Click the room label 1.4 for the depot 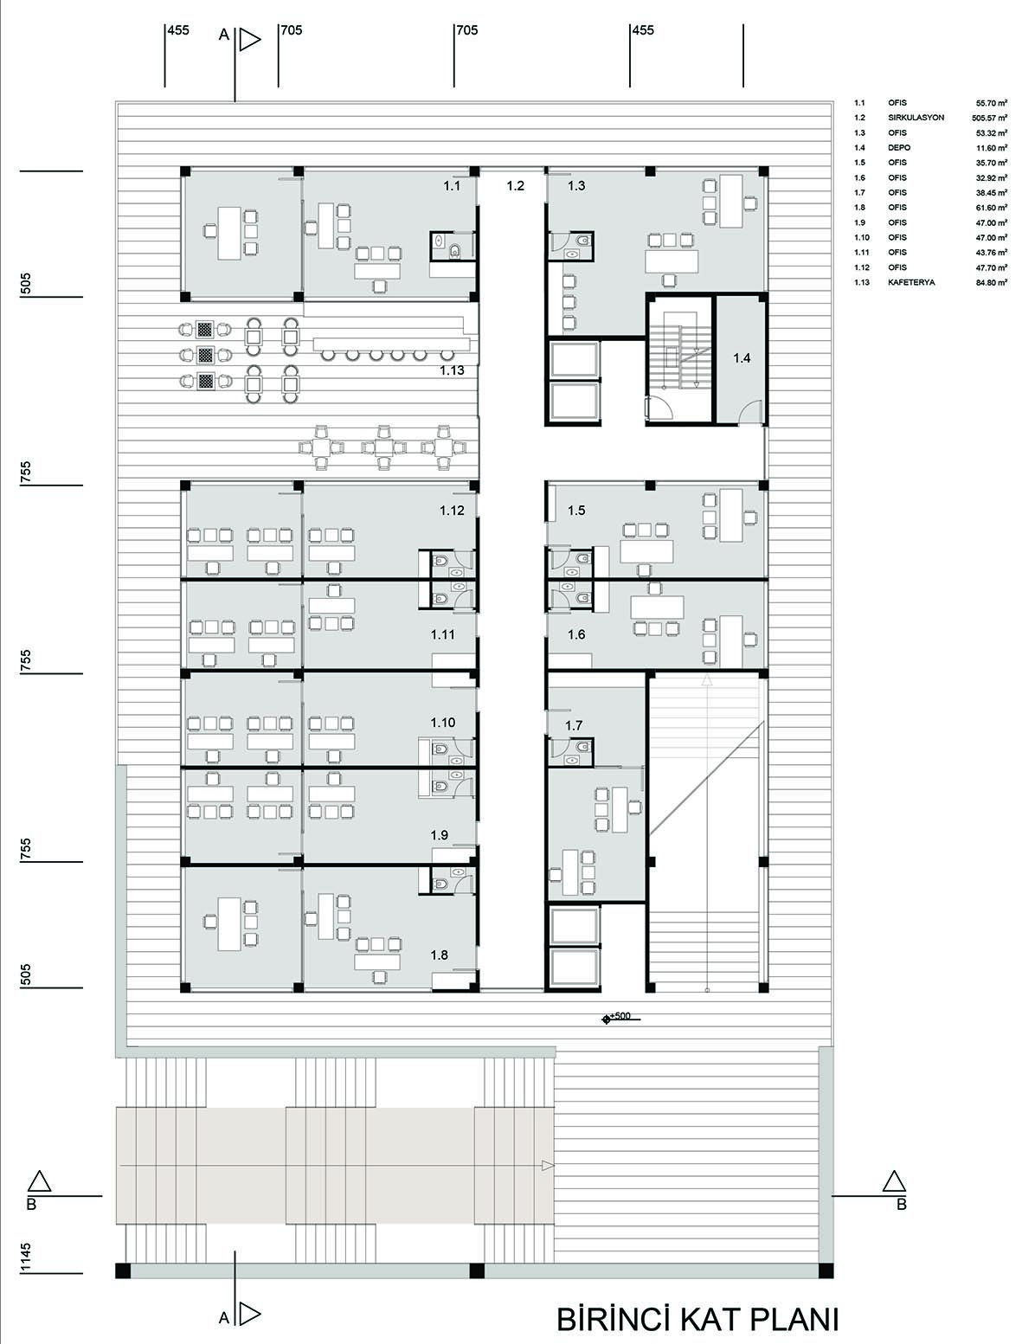[742, 357]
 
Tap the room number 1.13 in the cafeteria [452, 370]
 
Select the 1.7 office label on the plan [574, 725]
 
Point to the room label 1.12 [452, 510]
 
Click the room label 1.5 [575, 510]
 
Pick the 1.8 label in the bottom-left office [439, 955]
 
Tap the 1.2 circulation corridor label [515, 185]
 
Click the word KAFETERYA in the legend [911, 282]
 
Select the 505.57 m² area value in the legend [990, 118]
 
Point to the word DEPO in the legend [899, 148]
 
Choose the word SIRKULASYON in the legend [916, 118]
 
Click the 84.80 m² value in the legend [992, 282]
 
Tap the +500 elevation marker [621, 1016]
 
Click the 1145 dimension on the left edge [25, 1257]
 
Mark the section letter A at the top [224, 35]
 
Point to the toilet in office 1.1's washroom [454, 250]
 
